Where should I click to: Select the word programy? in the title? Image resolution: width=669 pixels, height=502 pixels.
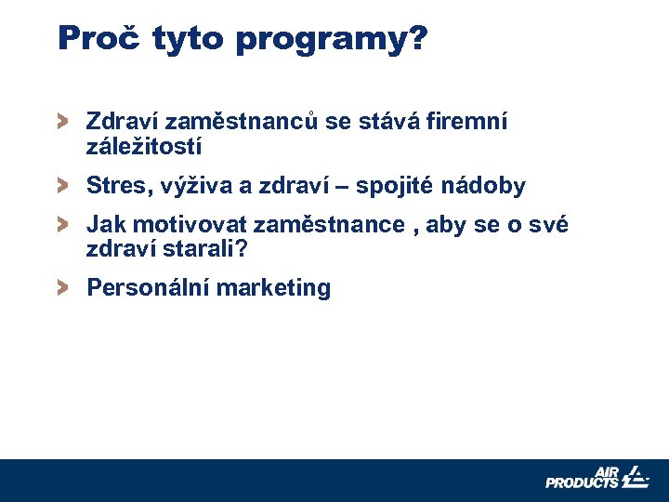(332, 39)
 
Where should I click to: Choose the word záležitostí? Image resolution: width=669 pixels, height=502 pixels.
(144, 147)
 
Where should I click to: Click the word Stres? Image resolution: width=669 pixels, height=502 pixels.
(113, 186)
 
